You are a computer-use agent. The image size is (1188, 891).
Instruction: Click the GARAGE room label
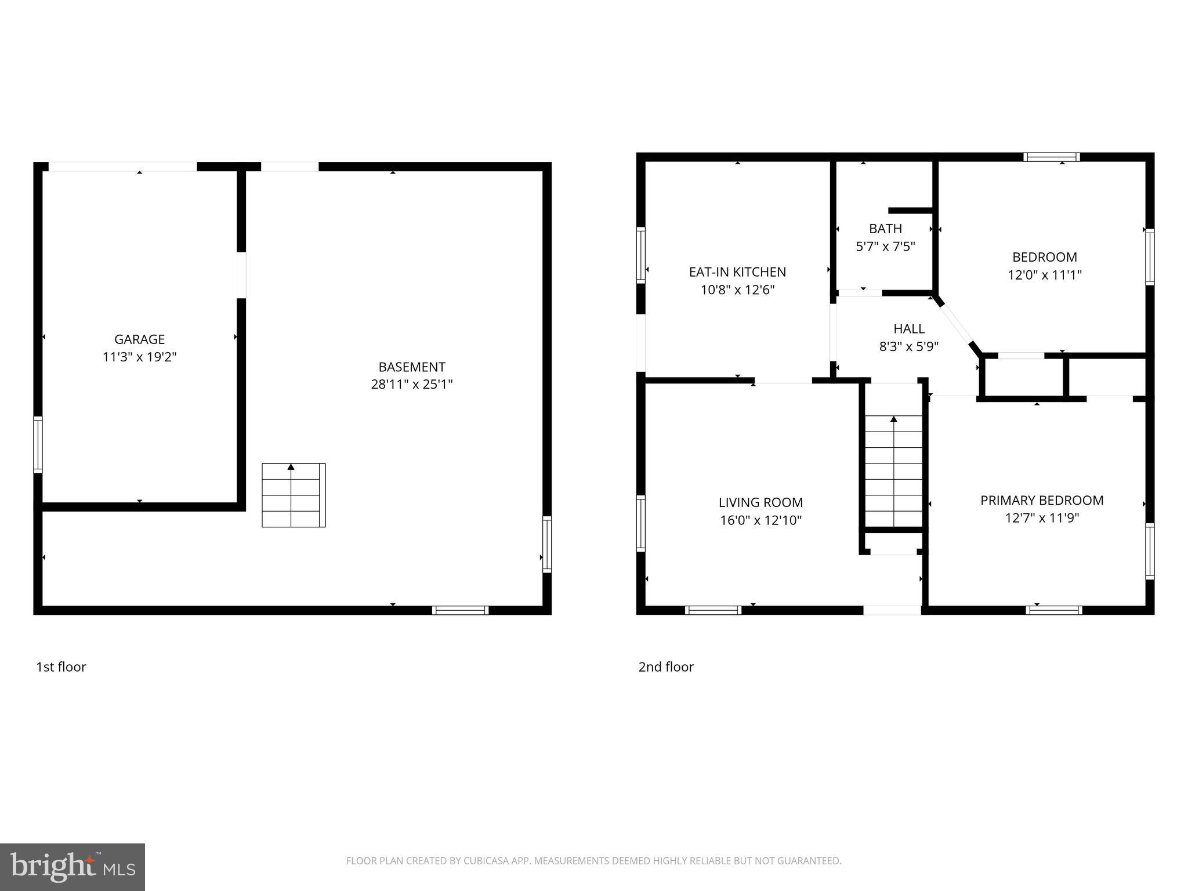coord(139,339)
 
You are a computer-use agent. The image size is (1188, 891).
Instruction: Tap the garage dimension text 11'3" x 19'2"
coord(139,357)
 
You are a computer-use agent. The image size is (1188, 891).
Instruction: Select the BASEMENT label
coord(412,367)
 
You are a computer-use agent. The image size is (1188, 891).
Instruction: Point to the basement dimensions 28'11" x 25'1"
coord(412,384)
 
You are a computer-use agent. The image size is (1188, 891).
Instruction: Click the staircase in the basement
coord(293,495)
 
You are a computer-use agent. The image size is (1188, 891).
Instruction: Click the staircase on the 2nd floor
coord(893,471)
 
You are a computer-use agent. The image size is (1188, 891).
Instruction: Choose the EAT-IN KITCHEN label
coord(737,271)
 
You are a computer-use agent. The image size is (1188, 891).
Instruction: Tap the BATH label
coord(885,229)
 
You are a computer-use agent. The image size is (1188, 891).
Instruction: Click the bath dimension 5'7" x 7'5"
coord(885,247)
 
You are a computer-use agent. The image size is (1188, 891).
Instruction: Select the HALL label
coord(909,329)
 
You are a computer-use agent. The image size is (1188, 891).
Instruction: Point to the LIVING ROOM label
coord(760,502)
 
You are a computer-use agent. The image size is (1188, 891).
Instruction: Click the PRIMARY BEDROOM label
coord(1042,500)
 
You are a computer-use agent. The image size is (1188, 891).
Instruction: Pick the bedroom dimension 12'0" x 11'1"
coord(1044,275)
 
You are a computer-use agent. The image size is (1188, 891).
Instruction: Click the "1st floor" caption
coord(61,667)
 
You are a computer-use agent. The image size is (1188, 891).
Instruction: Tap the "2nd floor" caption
coord(666,667)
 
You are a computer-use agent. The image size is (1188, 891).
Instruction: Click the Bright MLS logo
coord(73,867)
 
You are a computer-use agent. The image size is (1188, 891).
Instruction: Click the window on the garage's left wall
coord(38,444)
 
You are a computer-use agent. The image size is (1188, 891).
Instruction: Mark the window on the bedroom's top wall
coord(1051,157)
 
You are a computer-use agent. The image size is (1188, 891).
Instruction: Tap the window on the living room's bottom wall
coord(713,610)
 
